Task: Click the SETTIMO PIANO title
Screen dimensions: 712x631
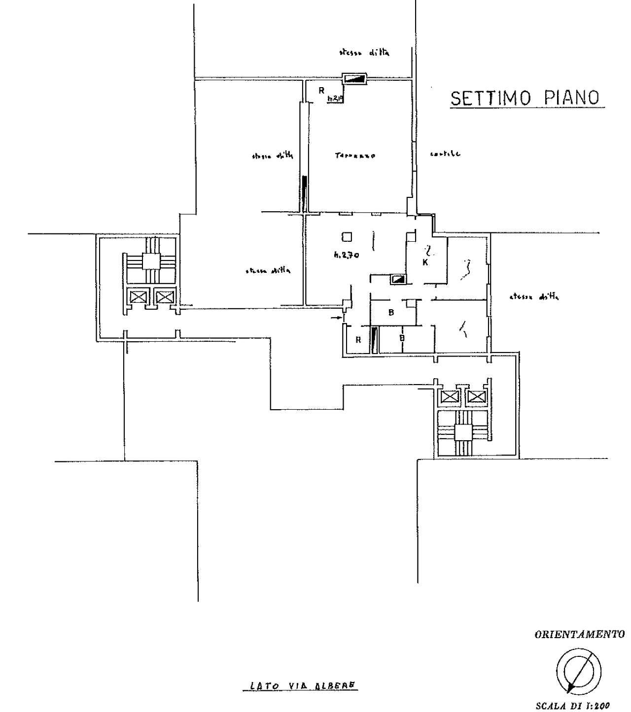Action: click(x=526, y=98)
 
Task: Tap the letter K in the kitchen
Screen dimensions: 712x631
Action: click(x=425, y=262)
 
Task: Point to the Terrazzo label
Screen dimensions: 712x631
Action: click(x=355, y=156)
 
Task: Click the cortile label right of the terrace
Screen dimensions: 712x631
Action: click(x=445, y=154)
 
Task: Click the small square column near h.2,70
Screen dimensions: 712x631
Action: click(x=347, y=237)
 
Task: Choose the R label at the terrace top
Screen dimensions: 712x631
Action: click(x=321, y=90)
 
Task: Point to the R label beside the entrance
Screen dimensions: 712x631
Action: click(x=358, y=340)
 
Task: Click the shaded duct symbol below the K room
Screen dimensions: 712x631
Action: click(x=398, y=280)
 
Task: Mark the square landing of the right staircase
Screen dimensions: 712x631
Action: click(x=463, y=433)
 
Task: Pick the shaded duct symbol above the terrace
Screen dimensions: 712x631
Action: click(x=354, y=78)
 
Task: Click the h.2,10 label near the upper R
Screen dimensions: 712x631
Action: click(x=335, y=98)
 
